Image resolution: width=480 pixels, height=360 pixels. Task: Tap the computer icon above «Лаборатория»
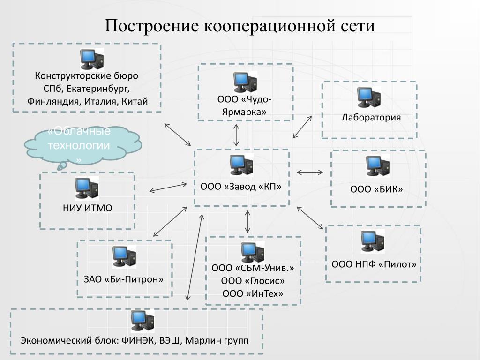pos(368,97)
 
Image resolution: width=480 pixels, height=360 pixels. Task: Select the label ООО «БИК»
pos(377,189)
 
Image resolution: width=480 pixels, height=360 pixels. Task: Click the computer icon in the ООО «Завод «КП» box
pos(241,165)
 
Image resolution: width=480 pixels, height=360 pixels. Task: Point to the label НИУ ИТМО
pos(88,208)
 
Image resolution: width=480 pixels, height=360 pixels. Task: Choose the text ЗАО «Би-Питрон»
pos(124,279)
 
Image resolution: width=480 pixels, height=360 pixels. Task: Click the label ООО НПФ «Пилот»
pos(374,264)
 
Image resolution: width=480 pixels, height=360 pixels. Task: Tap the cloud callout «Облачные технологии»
pos(80,144)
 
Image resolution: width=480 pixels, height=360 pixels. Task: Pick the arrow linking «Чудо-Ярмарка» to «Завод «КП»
pos(237,135)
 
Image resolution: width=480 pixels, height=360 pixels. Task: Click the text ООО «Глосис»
pos(253,281)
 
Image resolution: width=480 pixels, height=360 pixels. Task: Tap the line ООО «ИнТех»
pos(253,293)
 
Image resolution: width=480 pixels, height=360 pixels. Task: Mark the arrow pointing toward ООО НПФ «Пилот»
pos(310,218)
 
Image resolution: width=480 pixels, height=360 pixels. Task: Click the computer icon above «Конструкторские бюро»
pos(92,59)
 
